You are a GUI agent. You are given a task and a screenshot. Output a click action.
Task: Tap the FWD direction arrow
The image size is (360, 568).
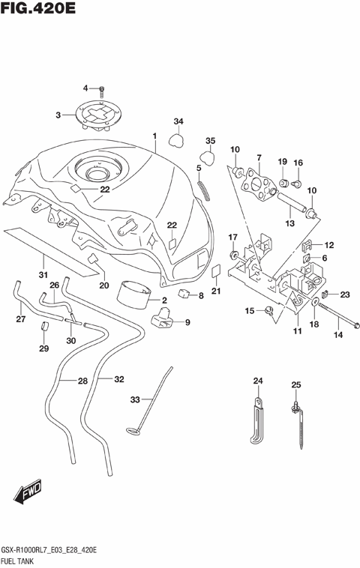pos(28,493)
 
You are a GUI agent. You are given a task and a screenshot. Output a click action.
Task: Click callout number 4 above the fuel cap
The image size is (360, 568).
pos(85,88)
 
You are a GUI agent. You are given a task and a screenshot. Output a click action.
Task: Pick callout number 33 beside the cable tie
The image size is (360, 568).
pos(136,400)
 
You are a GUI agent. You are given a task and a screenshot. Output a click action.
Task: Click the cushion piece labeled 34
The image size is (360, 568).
pos(178,138)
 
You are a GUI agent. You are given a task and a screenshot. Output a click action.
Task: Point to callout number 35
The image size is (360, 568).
pos(211,141)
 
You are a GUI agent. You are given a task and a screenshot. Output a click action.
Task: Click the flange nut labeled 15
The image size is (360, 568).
pos(268,310)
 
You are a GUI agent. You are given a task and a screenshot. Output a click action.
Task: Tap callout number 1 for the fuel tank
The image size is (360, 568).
pos(154,136)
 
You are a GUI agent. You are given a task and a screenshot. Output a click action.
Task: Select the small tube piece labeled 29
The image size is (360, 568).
pos(44,327)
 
